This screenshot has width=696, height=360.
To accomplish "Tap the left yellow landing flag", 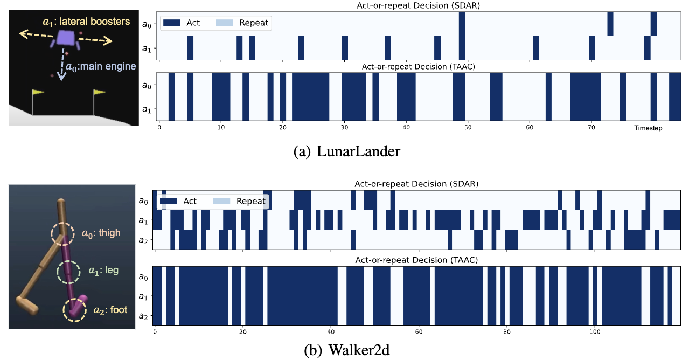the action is (38, 92).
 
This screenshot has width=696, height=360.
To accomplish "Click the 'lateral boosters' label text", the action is (95, 22).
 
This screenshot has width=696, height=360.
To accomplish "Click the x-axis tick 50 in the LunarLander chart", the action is (468, 128).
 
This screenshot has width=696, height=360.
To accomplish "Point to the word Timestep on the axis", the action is (648, 128).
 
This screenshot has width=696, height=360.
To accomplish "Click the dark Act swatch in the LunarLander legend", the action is (172, 23).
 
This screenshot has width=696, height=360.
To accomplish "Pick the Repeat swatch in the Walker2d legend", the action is (221, 201).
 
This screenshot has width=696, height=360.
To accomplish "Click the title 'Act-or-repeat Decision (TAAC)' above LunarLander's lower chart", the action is (418, 66).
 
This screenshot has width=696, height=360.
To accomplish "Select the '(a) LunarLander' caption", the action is (347, 151).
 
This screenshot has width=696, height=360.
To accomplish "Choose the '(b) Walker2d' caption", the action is (347, 350).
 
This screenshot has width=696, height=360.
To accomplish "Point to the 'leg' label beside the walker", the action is (112, 270).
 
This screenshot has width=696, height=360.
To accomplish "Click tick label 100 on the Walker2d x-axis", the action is (595, 332).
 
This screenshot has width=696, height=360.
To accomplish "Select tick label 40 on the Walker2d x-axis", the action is (331, 332).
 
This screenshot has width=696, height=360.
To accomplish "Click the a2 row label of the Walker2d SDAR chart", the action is (143, 240).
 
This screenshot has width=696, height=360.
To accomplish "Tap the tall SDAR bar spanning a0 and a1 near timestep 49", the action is (462, 36).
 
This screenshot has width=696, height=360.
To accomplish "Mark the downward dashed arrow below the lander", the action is (62, 64).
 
